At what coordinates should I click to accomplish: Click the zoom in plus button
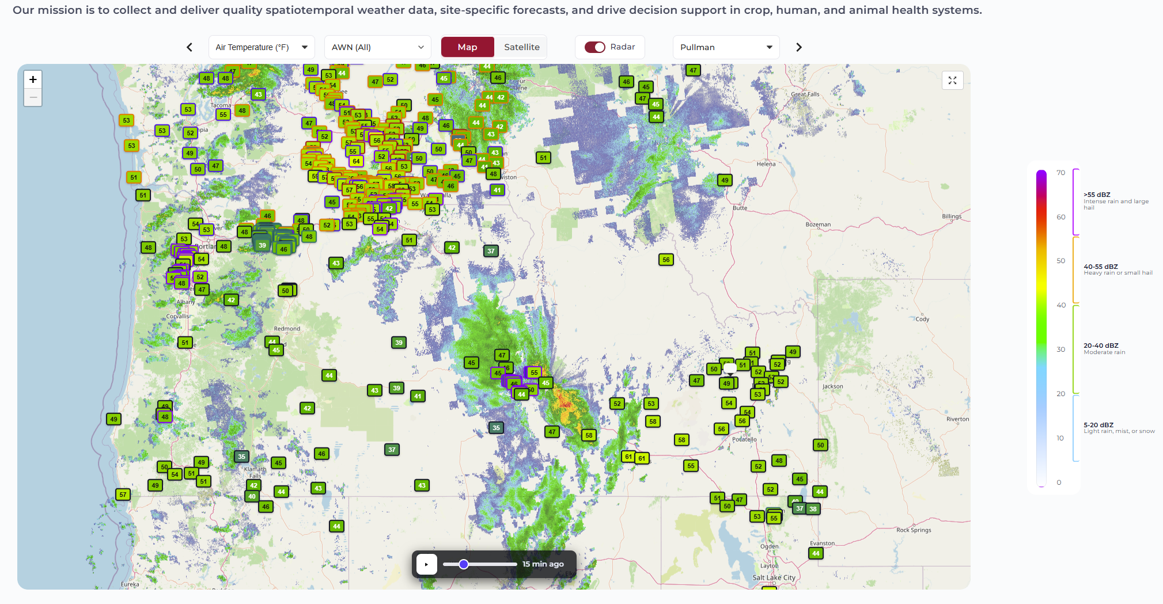[33, 79]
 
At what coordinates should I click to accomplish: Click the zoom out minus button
[33, 97]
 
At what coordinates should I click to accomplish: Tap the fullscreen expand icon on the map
[952, 81]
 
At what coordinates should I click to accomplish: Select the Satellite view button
[521, 47]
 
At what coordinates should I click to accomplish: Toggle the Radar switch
[595, 47]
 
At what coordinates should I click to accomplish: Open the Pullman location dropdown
[726, 47]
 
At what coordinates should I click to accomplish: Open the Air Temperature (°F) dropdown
[261, 47]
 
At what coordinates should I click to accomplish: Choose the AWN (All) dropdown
[377, 47]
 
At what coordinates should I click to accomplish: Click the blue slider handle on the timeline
[464, 564]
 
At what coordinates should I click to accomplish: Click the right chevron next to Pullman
[799, 47]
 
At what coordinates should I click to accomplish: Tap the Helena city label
[766, 164]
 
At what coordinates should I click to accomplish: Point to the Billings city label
[952, 216]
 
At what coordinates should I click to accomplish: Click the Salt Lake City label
[774, 578]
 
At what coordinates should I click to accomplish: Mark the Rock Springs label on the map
[914, 530]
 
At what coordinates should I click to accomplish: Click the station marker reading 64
[357, 161]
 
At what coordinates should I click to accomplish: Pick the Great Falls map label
[805, 94]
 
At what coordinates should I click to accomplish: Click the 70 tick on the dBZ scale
[1060, 173]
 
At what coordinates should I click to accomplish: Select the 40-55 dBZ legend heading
[1100, 267]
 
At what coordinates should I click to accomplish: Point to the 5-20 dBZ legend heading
[1098, 425]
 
